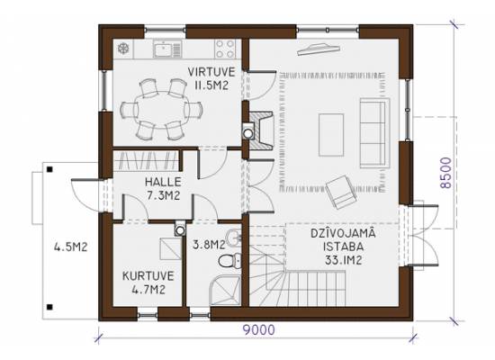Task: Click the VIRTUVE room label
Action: coord(211,72)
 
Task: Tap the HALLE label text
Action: coord(163,182)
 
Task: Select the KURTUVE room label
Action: coord(148,276)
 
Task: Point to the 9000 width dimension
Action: coord(259,330)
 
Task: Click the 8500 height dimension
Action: coord(446,173)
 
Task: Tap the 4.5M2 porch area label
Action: coord(70,247)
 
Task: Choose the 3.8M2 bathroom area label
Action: coord(209,244)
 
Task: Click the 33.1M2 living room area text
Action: coord(343,260)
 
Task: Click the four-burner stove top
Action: coord(225,49)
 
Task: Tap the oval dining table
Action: coord(161,110)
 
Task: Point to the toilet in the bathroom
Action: coord(230,261)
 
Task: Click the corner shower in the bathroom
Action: coord(225,290)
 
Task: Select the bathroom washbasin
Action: coord(234,238)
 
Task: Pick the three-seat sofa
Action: coord(374,132)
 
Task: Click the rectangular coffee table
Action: coord(331,135)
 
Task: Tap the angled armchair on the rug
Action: coord(342,192)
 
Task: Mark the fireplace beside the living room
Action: coord(261,130)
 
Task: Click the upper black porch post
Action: coord(49,169)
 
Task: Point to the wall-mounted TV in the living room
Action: coord(319,49)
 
